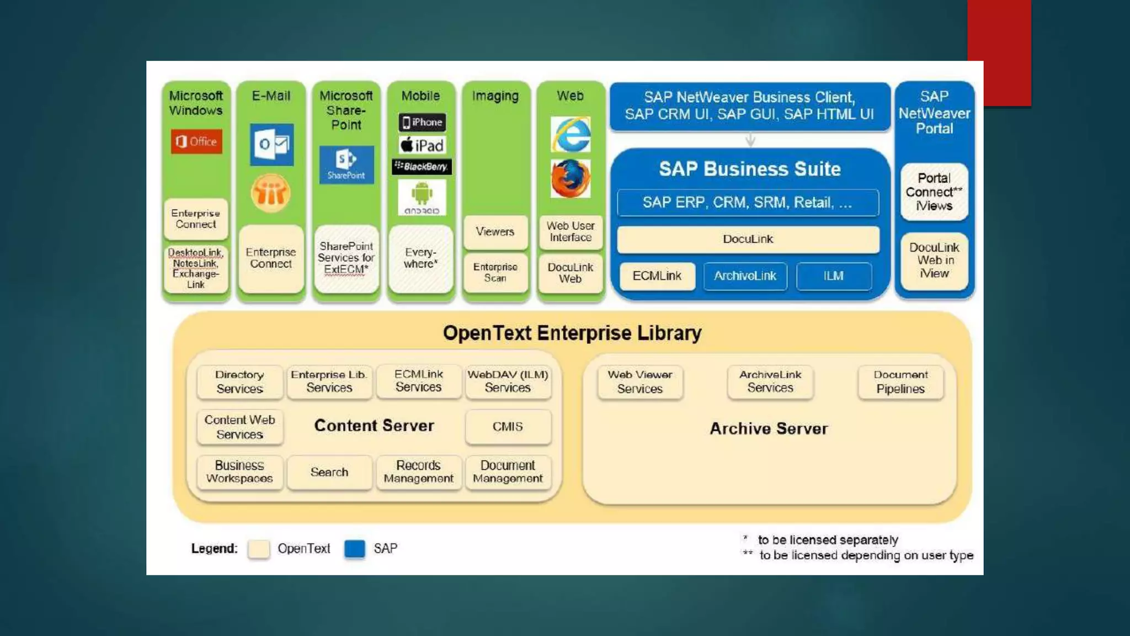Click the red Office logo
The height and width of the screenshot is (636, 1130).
point(196,142)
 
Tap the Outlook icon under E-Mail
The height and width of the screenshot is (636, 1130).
point(271,145)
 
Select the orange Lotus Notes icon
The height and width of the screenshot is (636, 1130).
point(270,193)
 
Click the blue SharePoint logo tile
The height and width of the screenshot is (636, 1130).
point(347,165)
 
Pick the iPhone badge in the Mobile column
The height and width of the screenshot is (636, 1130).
point(422,122)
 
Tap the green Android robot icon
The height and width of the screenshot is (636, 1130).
point(422,197)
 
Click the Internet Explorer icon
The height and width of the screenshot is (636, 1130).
point(571,134)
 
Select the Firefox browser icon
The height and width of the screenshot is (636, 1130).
point(571,178)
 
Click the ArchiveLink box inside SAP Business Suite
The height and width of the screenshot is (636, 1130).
point(745,275)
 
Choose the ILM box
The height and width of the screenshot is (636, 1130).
point(834,275)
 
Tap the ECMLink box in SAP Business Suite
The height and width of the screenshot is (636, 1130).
point(657,275)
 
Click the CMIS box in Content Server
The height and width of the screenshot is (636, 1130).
point(508,427)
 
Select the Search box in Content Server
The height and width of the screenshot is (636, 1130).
point(329,472)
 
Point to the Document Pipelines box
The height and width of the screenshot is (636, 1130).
point(900,381)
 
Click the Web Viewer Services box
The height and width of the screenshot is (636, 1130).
point(640,381)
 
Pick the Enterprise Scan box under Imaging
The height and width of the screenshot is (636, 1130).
point(495,272)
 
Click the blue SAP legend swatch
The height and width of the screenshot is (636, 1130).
point(355,549)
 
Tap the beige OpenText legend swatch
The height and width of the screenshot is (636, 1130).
point(259,549)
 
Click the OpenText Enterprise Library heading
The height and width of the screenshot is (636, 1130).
point(572,333)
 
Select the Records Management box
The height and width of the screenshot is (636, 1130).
point(419,472)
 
